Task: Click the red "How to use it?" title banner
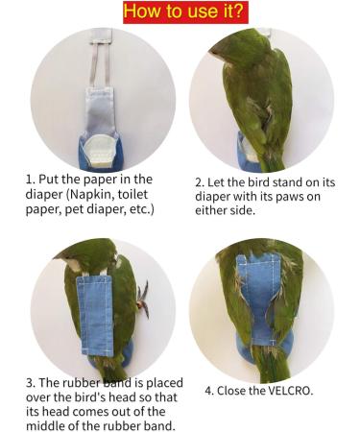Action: click(x=185, y=12)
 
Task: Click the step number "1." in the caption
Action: click(x=31, y=180)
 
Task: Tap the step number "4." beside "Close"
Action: click(x=209, y=391)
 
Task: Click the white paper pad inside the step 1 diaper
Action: click(x=99, y=151)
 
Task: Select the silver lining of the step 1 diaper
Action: click(x=100, y=112)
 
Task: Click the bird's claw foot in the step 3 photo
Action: click(x=143, y=299)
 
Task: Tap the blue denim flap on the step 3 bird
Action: click(x=95, y=316)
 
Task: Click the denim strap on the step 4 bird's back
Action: click(x=260, y=298)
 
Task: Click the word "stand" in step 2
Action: click(x=269, y=182)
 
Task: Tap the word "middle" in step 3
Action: click(x=44, y=426)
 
